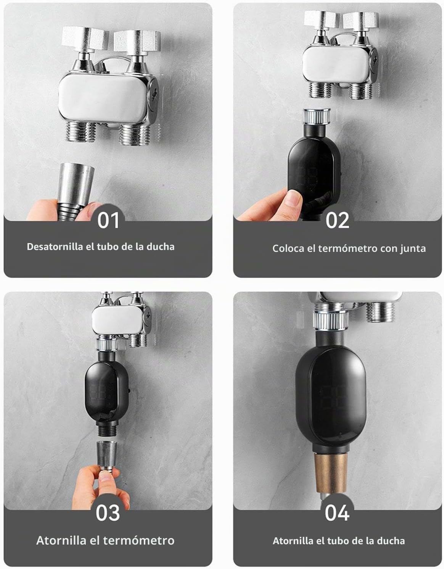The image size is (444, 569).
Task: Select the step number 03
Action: click(x=108, y=513)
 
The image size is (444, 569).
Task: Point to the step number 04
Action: click(x=337, y=513)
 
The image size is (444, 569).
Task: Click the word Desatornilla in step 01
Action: click(x=55, y=247)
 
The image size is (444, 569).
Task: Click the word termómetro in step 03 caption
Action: click(x=139, y=541)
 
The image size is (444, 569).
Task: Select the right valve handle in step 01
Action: click(x=137, y=41)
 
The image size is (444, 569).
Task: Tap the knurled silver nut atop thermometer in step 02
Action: click(x=317, y=116)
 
